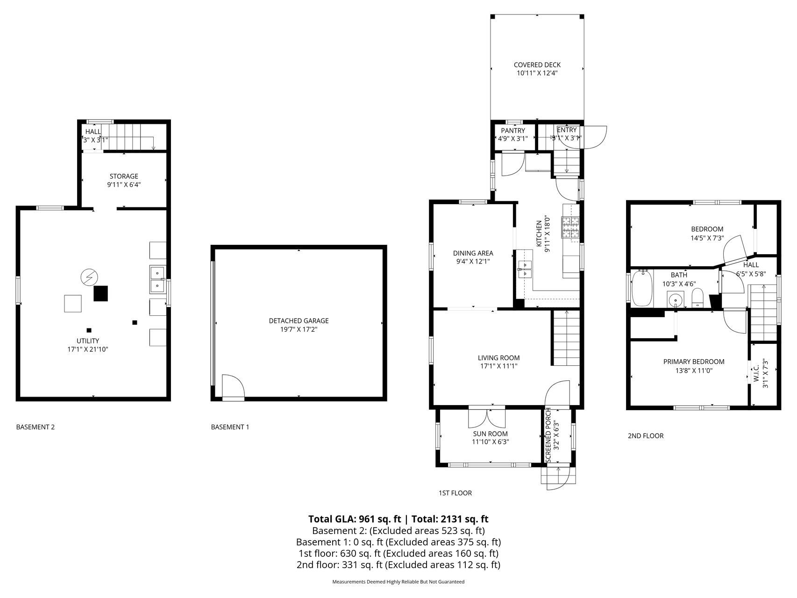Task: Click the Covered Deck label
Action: pyautogui.click(x=537, y=65)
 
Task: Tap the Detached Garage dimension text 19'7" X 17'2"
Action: pyautogui.click(x=299, y=329)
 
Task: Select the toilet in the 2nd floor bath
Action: pyautogui.click(x=697, y=297)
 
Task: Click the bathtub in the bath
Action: pyautogui.click(x=642, y=289)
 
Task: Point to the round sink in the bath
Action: pyautogui.click(x=675, y=299)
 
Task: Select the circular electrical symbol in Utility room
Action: pyautogui.click(x=88, y=277)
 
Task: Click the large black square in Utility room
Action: pyautogui.click(x=100, y=293)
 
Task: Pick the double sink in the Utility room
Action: pyautogui.click(x=157, y=279)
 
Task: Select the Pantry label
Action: pyautogui.click(x=513, y=130)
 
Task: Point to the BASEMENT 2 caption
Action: pyautogui.click(x=36, y=427)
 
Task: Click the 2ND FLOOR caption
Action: pyautogui.click(x=645, y=436)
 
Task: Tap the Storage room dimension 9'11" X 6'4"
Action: pyautogui.click(x=124, y=185)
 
